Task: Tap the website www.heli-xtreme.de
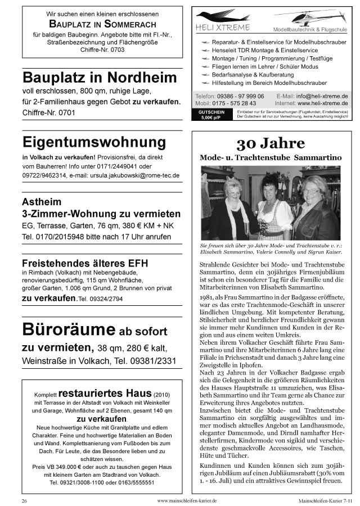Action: click(322, 103)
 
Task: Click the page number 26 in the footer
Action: click(25, 500)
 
